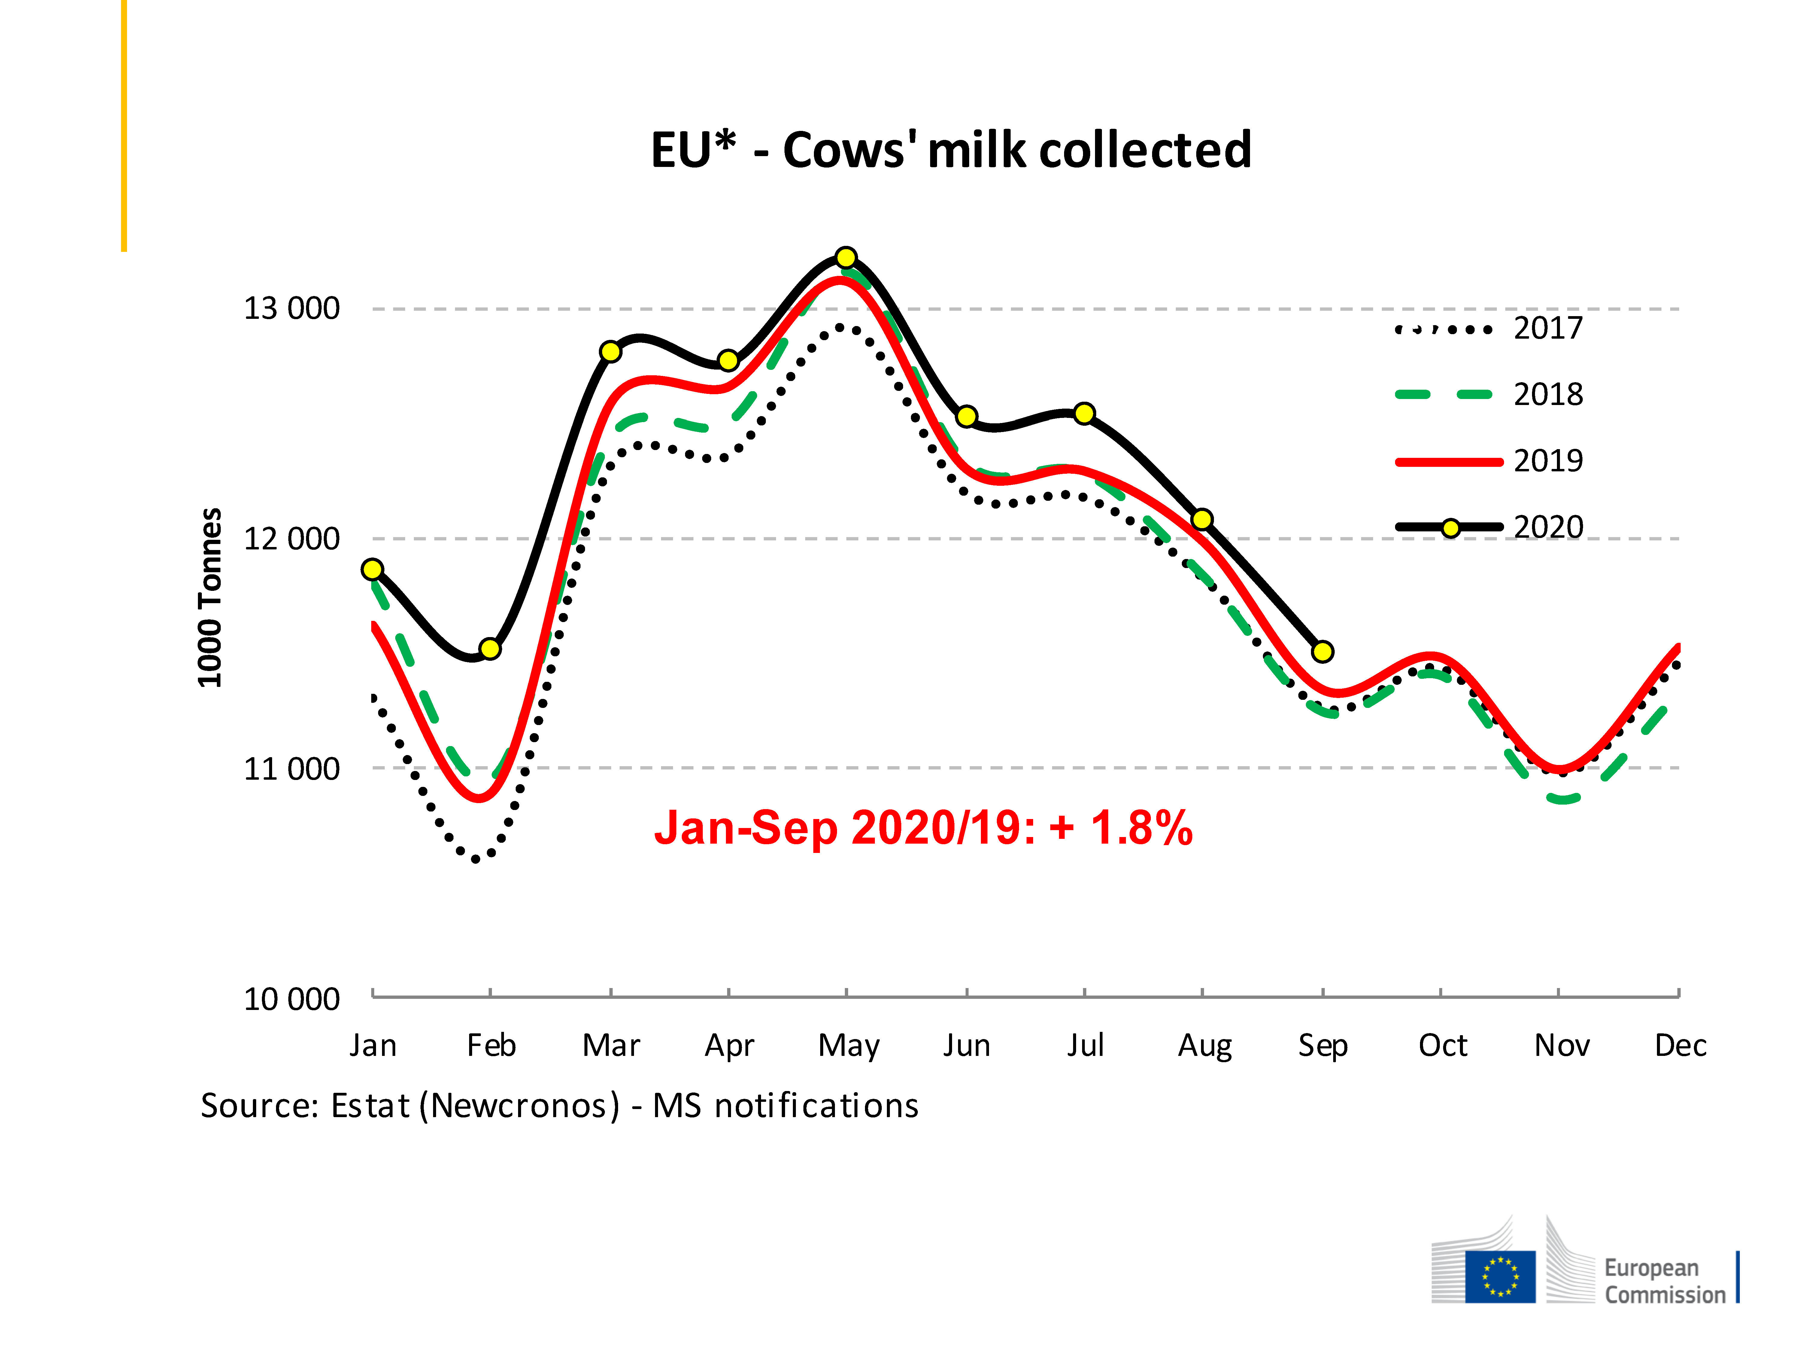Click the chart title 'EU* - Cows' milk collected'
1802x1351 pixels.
pyautogui.click(x=951, y=151)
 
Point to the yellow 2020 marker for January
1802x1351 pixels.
pyautogui.click(x=372, y=569)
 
